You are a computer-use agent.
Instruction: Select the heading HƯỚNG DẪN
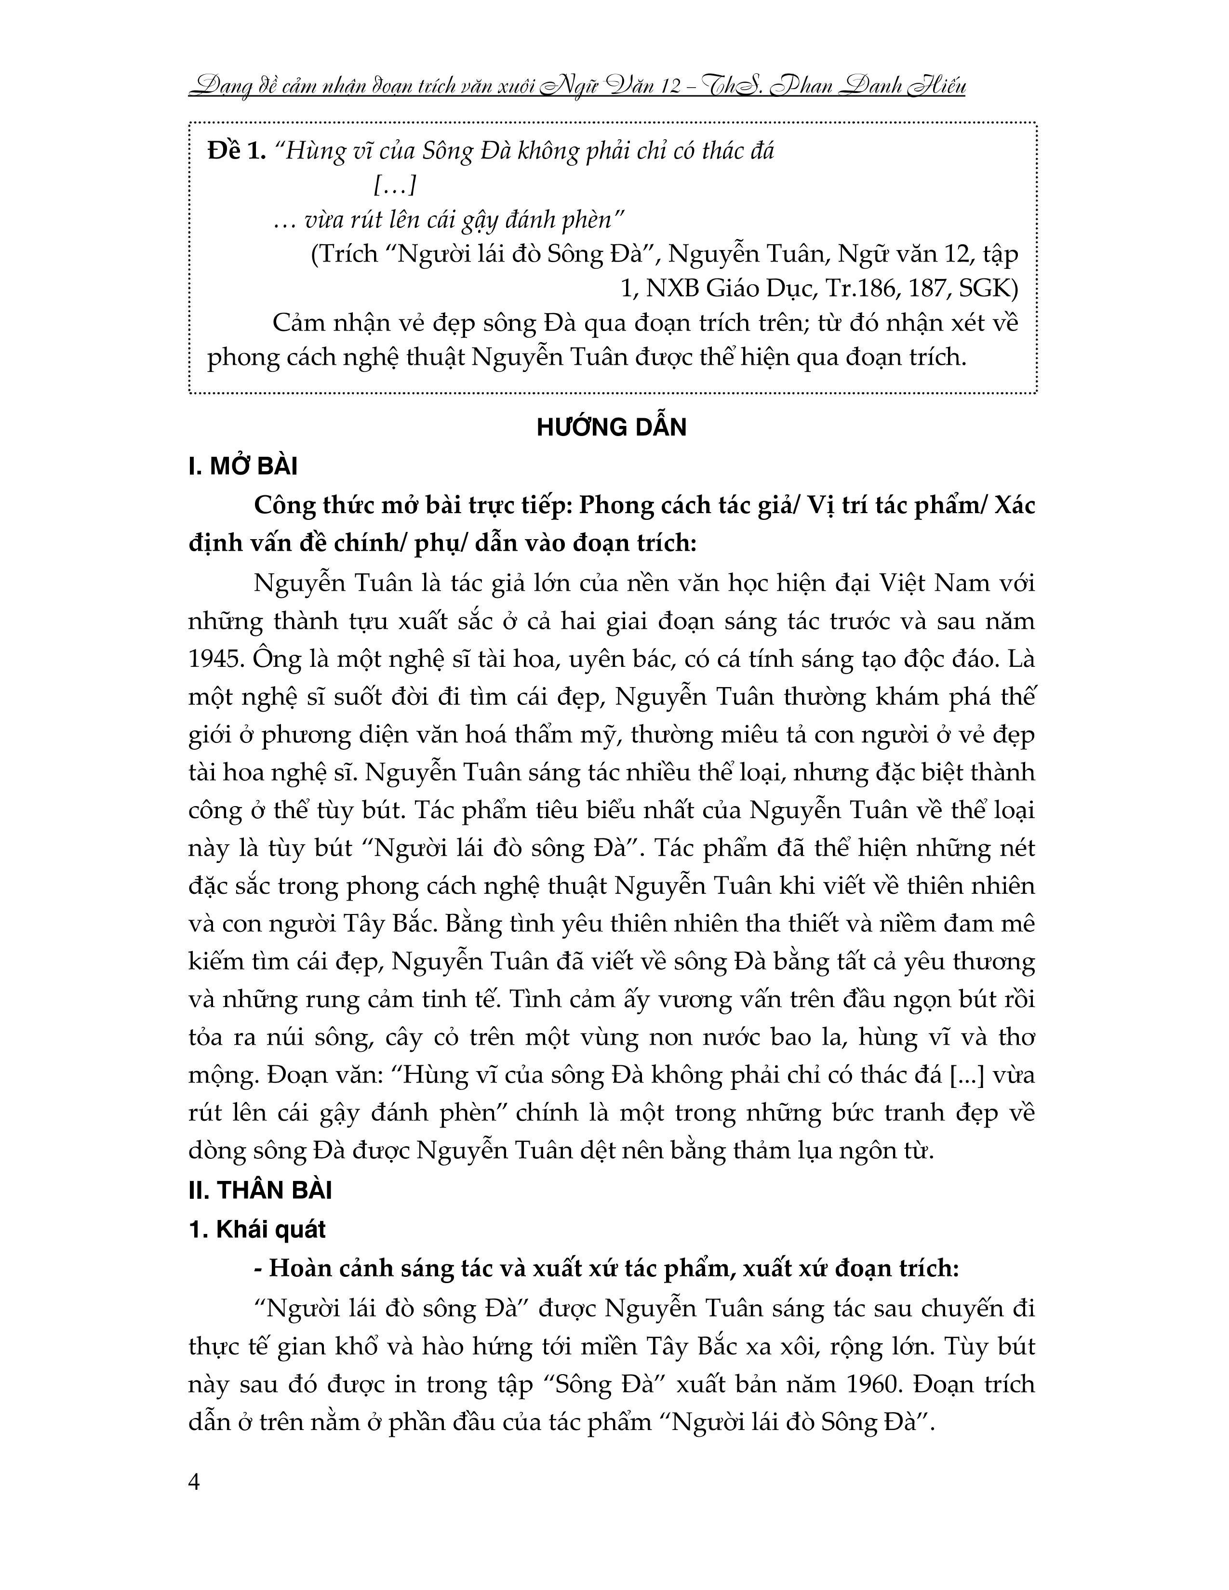[x=612, y=427]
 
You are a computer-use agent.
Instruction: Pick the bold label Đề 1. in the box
[x=237, y=151]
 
